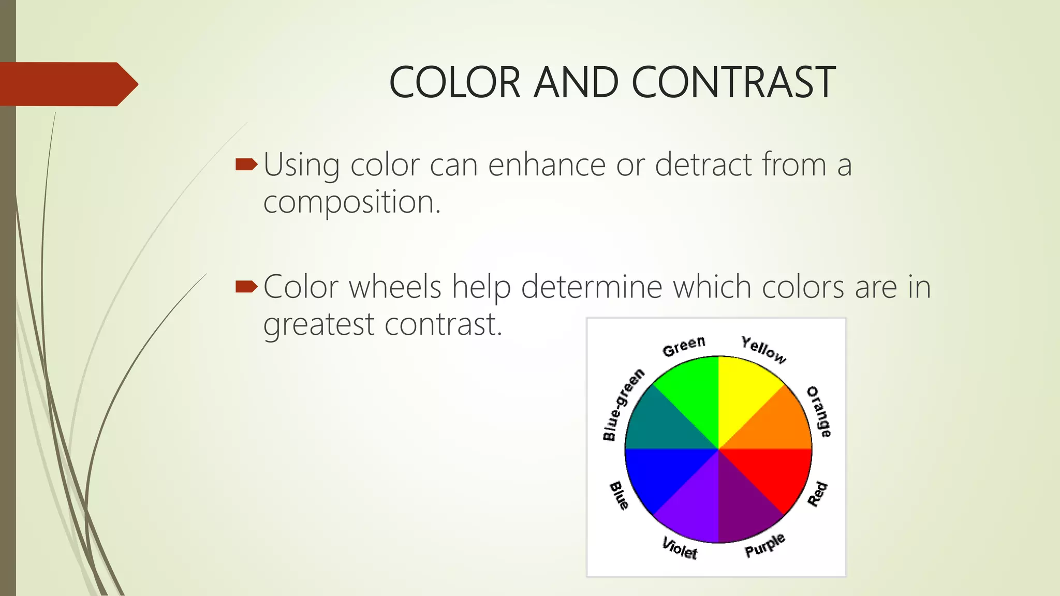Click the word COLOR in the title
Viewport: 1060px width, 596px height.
coord(454,82)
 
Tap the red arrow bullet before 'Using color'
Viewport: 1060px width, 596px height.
coord(246,165)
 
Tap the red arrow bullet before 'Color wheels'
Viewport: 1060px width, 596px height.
coord(246,287)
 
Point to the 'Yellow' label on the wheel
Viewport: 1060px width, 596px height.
coord(763,350)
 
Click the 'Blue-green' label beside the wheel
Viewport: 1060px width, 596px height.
coord(623,405)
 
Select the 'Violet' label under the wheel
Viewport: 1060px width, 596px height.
coord(680,548)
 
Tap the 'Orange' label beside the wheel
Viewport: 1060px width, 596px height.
coord(819,412)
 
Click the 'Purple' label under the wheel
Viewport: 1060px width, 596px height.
coord(765,545)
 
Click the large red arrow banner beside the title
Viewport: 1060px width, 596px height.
coord(67,84)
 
